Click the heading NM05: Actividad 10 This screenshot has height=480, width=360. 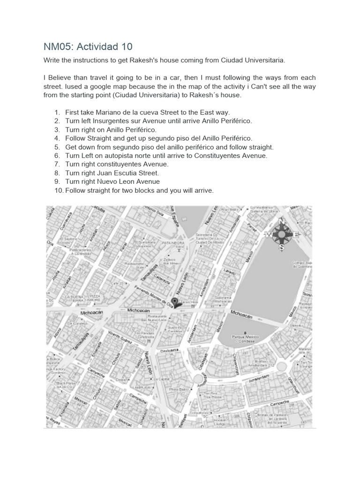coord(88,46)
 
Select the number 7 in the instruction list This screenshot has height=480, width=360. coord(57,165)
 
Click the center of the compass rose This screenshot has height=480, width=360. coord(281,234)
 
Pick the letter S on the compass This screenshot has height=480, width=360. coord(281,247)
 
